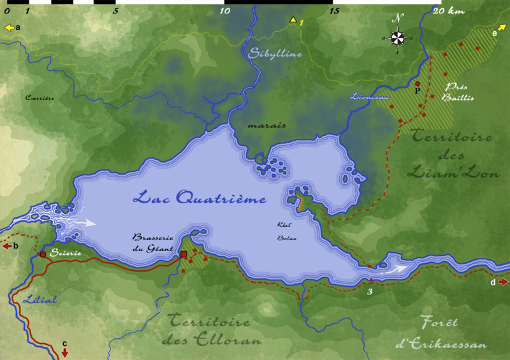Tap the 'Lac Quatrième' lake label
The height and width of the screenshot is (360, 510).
click(199, 199)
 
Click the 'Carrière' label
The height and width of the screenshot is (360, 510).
click(40, 98)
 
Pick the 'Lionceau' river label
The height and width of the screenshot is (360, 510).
click(370, 97)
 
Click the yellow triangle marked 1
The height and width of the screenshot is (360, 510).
click(293, 20)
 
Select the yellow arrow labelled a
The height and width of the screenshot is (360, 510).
click(9, 27)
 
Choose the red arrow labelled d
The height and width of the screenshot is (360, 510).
click(504, 282)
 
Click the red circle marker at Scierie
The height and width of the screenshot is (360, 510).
click(43, 254)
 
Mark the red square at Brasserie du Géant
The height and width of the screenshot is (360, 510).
click(184, 255)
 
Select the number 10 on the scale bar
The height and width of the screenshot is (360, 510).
click(224, 11)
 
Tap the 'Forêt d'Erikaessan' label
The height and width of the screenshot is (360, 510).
click(441, 333)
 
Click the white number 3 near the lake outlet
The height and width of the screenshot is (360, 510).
click(370, 292)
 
